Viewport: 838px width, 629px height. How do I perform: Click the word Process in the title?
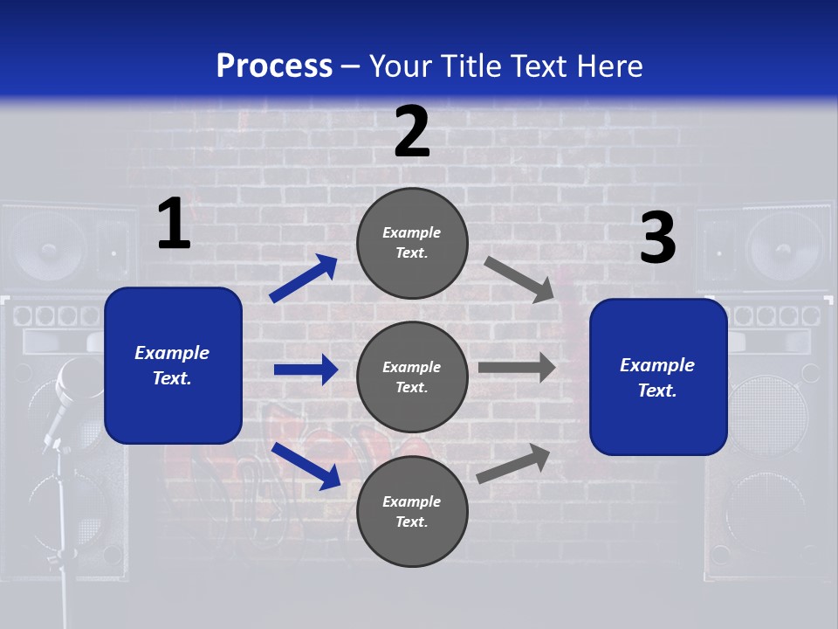coord(274,66)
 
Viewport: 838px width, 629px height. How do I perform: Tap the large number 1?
coord(174,225)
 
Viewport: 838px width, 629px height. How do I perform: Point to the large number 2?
coord(412,132)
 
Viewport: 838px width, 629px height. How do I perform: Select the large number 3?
coord(657,238)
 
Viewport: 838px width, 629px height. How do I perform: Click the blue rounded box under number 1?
coord(173,365)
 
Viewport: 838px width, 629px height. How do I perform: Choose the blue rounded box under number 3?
coord(658,377)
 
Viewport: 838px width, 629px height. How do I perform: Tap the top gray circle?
coord(412,243)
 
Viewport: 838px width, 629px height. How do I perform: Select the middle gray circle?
coord(412,377)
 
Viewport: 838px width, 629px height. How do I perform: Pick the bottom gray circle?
coord(412,511)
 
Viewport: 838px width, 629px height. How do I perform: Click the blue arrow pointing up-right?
coord(304,278)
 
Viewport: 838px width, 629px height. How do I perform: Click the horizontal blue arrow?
coord(306,370)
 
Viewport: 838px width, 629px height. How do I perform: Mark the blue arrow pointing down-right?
coord(306,466)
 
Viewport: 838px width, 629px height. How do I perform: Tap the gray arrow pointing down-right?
coord(519,280)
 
